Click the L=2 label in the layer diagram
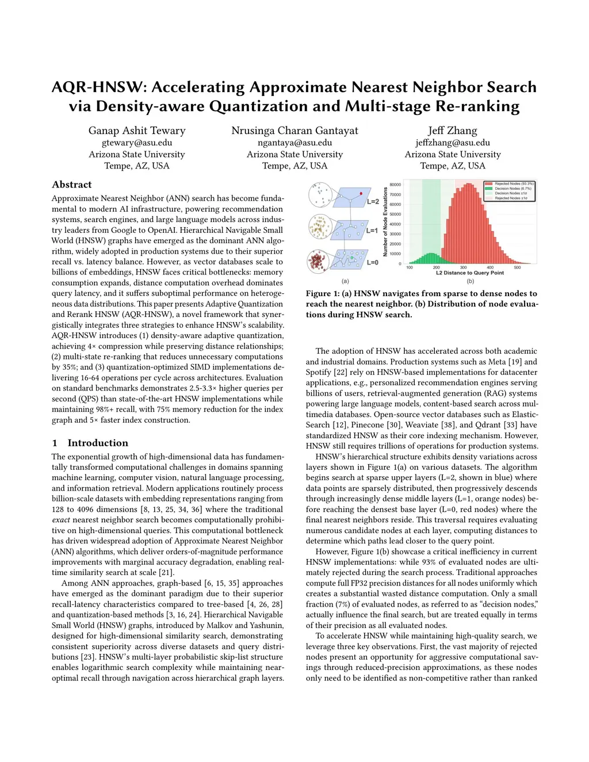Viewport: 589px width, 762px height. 373,202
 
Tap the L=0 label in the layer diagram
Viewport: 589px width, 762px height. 373,262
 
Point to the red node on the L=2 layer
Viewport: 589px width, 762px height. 361,194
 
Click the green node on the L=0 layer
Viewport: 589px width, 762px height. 347,258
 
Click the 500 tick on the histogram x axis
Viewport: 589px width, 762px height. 517,267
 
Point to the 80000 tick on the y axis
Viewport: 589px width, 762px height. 396,185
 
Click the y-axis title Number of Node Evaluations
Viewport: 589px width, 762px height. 385,221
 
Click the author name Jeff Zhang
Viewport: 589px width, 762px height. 452,131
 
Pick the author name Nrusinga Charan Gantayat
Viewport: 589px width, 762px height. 294,131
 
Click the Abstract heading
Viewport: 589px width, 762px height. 71,185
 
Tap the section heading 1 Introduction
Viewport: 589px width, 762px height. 90,443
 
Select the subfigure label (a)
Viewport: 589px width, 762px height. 345,281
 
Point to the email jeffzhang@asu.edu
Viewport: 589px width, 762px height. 452,143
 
